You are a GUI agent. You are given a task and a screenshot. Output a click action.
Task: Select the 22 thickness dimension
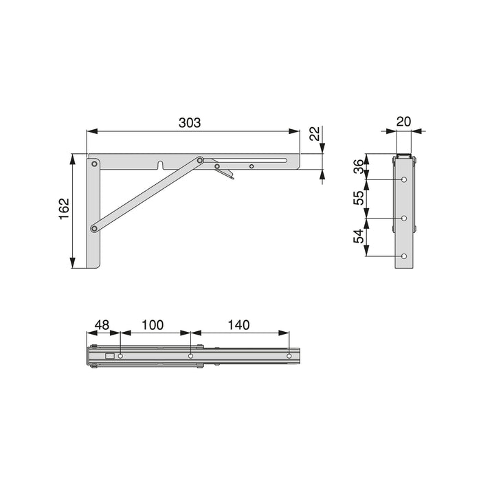(315, 134)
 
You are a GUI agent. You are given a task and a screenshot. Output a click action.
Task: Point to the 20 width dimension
(404, 122)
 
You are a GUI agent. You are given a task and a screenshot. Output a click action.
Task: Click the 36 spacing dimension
(357, 166)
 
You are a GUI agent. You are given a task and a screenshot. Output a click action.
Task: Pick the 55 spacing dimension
(357, 198)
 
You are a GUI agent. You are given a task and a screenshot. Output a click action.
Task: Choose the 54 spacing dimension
(357, 236)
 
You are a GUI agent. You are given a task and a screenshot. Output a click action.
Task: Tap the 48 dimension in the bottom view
(102, 324)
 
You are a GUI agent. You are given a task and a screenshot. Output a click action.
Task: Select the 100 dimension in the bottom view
(154, 324)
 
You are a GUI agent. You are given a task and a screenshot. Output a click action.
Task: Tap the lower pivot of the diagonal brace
(94, 228)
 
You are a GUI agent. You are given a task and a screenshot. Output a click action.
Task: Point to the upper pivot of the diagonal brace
(200, 161)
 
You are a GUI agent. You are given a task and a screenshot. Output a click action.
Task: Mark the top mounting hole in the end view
(404, 180)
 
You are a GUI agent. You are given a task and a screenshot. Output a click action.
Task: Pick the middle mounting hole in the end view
(404, 219)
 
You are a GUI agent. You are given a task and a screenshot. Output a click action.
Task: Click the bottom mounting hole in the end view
(404, 256)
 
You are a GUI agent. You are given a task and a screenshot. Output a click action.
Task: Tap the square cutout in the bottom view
(109, 356)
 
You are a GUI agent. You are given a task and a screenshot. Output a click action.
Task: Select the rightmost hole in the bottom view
(289, 356)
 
